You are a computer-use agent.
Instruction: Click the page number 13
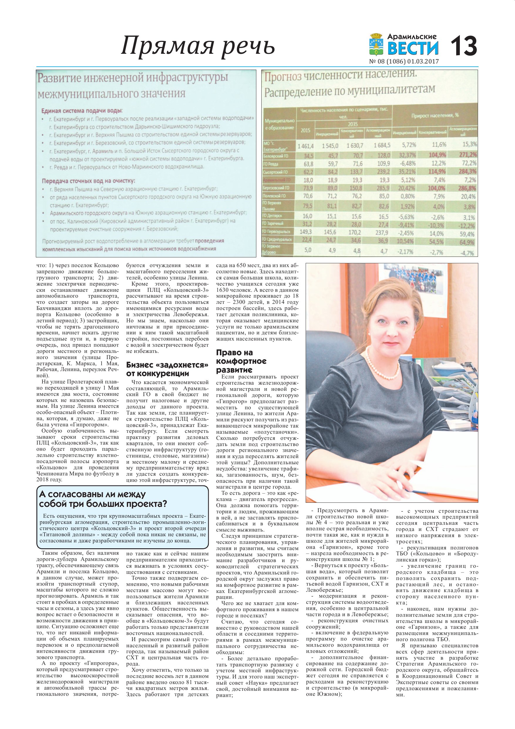(464, 46)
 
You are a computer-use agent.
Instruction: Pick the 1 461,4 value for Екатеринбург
(305, 146)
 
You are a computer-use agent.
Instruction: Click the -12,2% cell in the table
(467, 226)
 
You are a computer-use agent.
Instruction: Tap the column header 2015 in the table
(305, 130)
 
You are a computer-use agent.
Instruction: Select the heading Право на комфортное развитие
(241, 361)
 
